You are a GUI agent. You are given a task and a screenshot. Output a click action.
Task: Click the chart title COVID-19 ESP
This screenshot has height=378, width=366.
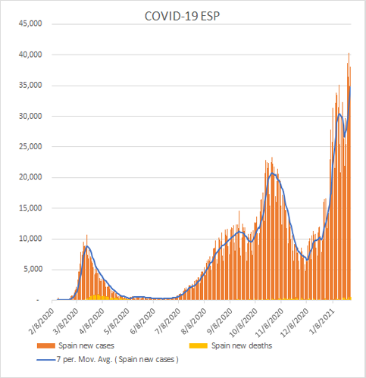(182, 16)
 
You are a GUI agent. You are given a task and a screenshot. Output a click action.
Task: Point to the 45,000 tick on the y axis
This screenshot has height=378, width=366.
(30, 23)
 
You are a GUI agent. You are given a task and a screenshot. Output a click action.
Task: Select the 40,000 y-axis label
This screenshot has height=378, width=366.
(30, 55)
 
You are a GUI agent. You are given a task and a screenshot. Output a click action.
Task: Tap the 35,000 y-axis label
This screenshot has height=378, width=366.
(30, 86)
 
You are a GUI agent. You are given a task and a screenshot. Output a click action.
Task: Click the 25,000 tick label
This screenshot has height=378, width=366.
(30, 147)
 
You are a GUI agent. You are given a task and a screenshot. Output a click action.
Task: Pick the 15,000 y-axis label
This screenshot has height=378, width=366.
(30, 208)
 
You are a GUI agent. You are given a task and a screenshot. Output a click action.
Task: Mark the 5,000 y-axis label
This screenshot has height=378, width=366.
(33, 270)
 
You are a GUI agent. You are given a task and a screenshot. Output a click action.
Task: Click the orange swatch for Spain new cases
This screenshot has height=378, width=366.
(46, 345)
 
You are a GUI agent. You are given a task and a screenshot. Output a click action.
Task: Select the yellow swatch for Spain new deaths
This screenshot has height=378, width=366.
(199, 345)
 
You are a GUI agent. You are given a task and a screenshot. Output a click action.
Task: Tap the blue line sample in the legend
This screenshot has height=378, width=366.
(46, 360)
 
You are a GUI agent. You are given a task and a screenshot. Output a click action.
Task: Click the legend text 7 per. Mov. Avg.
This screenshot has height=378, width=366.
(85, 359)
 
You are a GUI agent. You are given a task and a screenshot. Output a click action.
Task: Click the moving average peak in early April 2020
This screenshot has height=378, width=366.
(87, 246)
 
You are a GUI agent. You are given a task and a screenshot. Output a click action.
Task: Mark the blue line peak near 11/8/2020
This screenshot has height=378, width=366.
(272, 173)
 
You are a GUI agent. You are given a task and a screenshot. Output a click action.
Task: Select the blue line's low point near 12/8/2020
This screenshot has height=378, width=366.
(307, 260)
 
